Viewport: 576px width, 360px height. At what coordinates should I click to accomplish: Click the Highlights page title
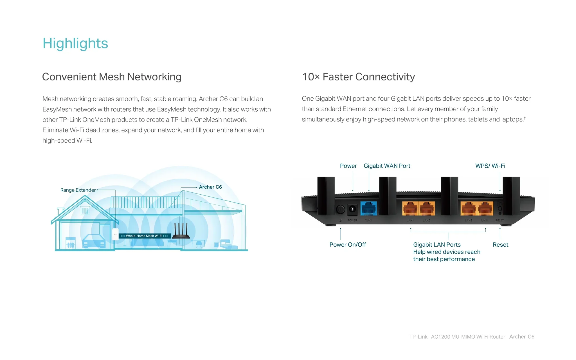(75, 44)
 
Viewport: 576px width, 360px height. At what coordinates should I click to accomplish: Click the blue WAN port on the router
(368, 208)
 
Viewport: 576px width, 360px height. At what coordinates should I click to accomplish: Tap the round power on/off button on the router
(340, 209)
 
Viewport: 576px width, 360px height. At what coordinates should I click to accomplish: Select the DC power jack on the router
(352, 209)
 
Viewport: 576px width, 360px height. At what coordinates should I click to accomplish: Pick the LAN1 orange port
(410, 208)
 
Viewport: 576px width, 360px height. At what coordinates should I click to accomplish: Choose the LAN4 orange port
(485, 208)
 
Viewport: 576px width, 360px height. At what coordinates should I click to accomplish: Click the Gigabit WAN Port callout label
(387, 166)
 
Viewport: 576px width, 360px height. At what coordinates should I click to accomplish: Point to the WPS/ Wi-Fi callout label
(490, 166)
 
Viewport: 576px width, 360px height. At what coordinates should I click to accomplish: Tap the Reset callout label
(500, 245)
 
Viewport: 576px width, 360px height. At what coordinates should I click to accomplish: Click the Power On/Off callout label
(348, 245)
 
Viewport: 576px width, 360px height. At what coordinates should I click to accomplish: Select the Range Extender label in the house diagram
(78, 190)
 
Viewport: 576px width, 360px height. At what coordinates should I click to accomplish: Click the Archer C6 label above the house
(210, 187)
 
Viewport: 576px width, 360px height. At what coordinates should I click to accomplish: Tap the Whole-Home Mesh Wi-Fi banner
(145, 236)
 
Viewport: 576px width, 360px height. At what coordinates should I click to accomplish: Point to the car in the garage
(94, 241)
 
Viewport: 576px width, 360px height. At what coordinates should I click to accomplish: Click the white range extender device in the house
(115, 234)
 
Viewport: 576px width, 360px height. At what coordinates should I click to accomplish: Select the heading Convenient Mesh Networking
(112, 77)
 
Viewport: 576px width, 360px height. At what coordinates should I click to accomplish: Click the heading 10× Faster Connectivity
(358, 77)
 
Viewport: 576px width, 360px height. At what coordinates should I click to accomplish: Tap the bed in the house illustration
(229, 244)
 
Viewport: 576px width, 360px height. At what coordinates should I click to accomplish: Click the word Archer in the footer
(517, 337)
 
